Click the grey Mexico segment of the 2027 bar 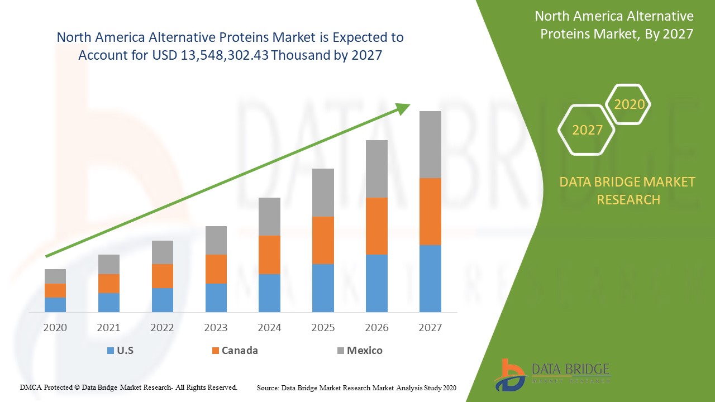pos(430,144)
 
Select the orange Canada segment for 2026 pos(376,226)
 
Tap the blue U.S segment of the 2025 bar pos(323,288)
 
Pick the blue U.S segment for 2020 pos(55,304)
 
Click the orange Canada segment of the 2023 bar pos(216,269)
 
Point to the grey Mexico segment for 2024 pos(269,216)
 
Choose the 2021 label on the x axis pos(108,328)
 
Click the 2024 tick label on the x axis pos(269,328)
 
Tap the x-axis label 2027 pos(430,328)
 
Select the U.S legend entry pos(120,351)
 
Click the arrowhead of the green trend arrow pos(403,108)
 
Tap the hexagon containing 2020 pos(629,104)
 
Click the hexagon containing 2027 pos(587,130)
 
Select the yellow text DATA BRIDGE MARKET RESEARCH pos(628,190)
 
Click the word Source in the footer pos(268,387)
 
